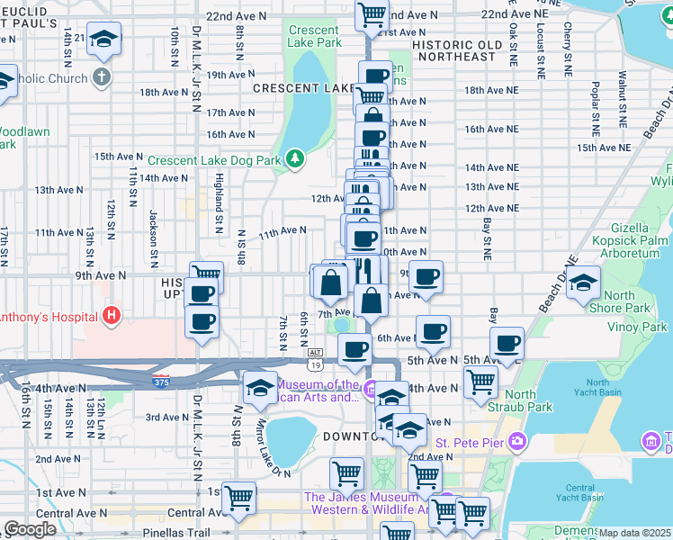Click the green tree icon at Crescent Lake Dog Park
coord(295,160)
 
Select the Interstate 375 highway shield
coord(161,381)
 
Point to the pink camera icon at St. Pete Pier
coord(516,441)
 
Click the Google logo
coord(30,530)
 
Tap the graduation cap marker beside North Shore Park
coord(583,283)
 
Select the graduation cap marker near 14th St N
coord(103,38)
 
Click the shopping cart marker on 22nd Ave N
coord(371,14)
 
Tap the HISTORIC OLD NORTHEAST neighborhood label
coord(467,50)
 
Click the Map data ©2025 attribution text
coord(635,533)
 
